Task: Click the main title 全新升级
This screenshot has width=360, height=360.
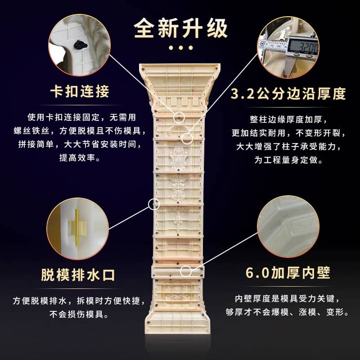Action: pyautogui.click(x=181, y=28)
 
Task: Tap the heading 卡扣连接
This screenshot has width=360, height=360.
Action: pyautogui.click(x=80, y=91)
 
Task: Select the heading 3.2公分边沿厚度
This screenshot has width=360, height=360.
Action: pyautogui.click(x=288, y=94)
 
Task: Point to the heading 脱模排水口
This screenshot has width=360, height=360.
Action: pyautogui.click(x=78, y=275)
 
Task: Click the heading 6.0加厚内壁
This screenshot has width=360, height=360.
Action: pyautogui.click(x=288, y=273)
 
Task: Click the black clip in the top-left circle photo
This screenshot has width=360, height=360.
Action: pyautogui.click(x=81, y=45)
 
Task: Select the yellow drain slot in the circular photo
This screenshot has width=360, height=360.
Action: pyautogui.click(x=77, y=228)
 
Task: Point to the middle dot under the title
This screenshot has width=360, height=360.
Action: pyautogui.click(x=181, y=48)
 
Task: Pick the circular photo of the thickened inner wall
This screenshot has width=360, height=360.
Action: pyautogui.click(x=288, y=226)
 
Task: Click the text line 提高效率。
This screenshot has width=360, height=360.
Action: pyautogui.click(x=80, y=158)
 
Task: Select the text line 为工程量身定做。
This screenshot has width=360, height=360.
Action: pyautogui.click(x=288, y=160)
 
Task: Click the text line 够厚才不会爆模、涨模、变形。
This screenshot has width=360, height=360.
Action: pyautogui.click(x=287, y=312)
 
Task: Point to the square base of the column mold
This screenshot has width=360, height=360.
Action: pyautogui.click(x=177, y=321)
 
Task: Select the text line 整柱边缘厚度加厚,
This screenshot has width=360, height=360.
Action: pyautogui.click(x=288, y=119)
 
